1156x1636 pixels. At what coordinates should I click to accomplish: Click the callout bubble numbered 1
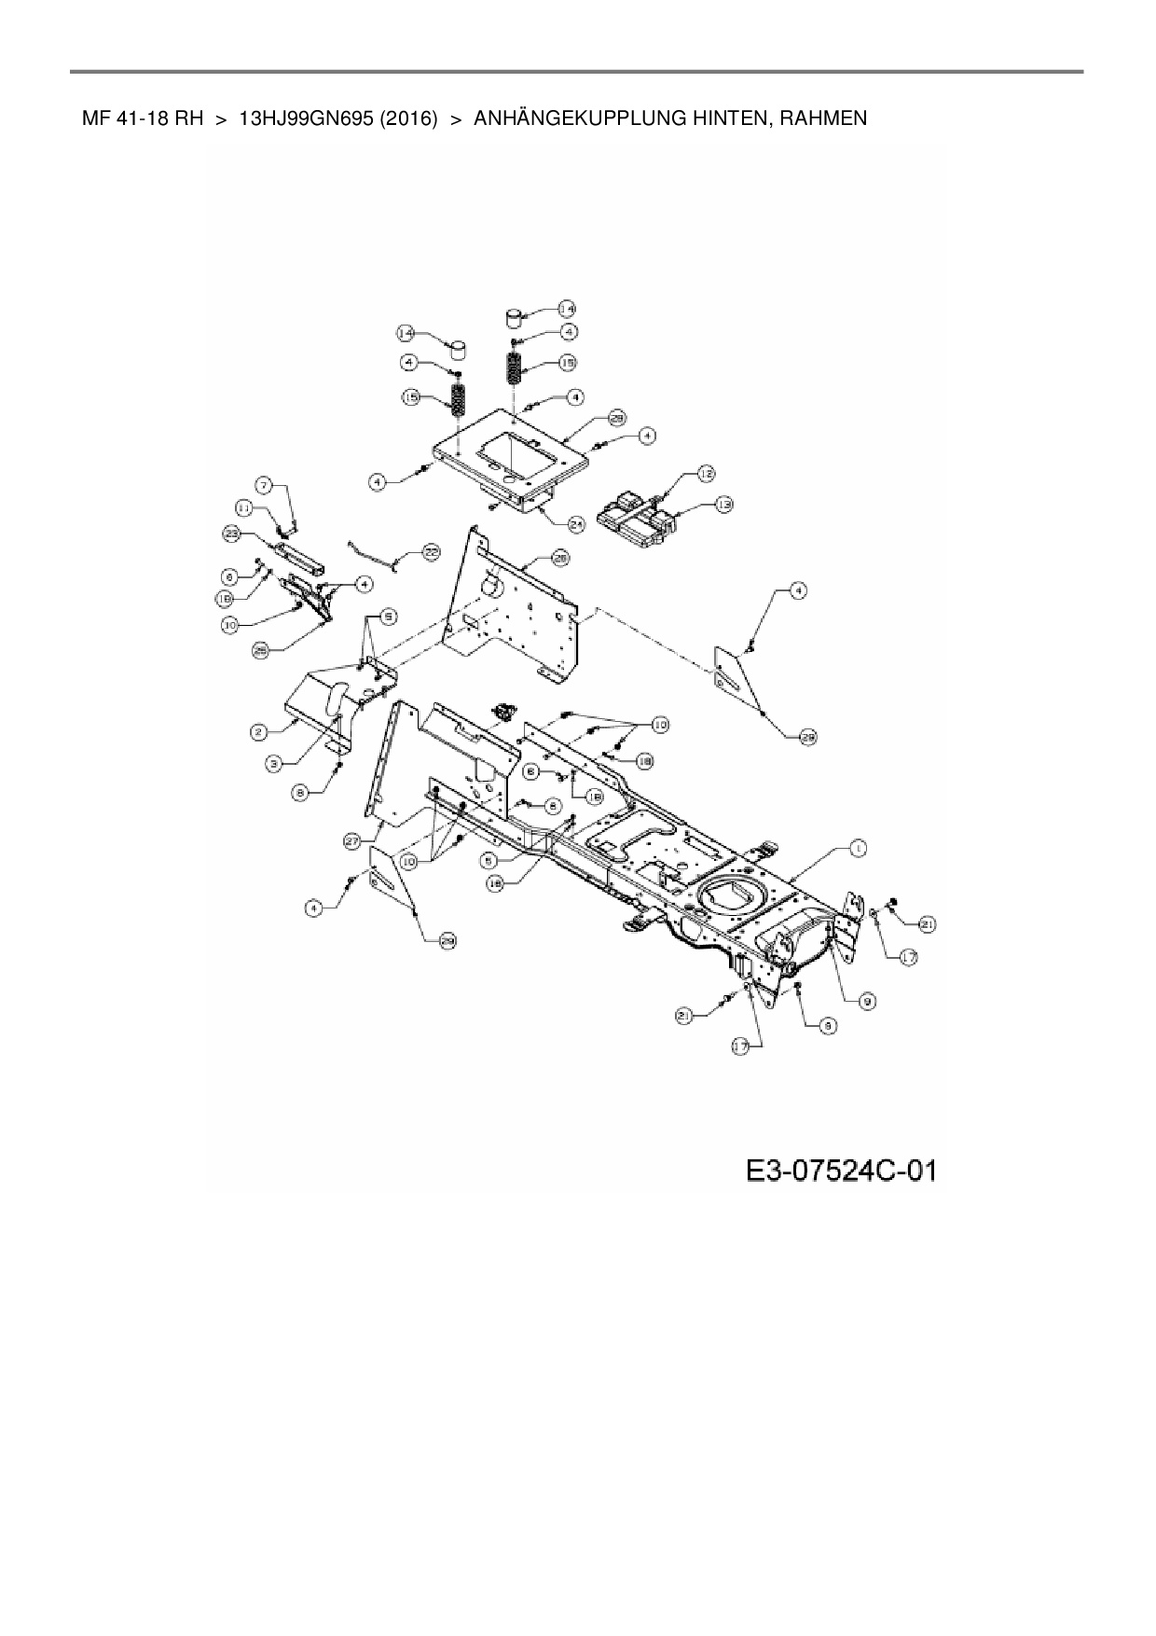[858, 848]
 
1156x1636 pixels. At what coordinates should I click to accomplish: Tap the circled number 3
[273, 764]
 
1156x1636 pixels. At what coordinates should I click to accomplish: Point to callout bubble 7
[265, 485]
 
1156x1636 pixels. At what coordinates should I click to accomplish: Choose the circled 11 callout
[244, 508]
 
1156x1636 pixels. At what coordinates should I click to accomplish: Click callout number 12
[706, 474]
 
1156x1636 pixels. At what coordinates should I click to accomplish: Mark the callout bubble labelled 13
[723, 505]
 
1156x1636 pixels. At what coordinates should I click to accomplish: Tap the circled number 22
[430, 552]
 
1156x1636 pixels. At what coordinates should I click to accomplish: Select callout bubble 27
[353, 840]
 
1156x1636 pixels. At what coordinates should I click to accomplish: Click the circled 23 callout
[231, 534]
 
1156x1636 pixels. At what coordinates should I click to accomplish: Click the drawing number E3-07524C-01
[840, 1172]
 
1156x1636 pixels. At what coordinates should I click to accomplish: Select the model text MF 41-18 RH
[143, 118]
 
